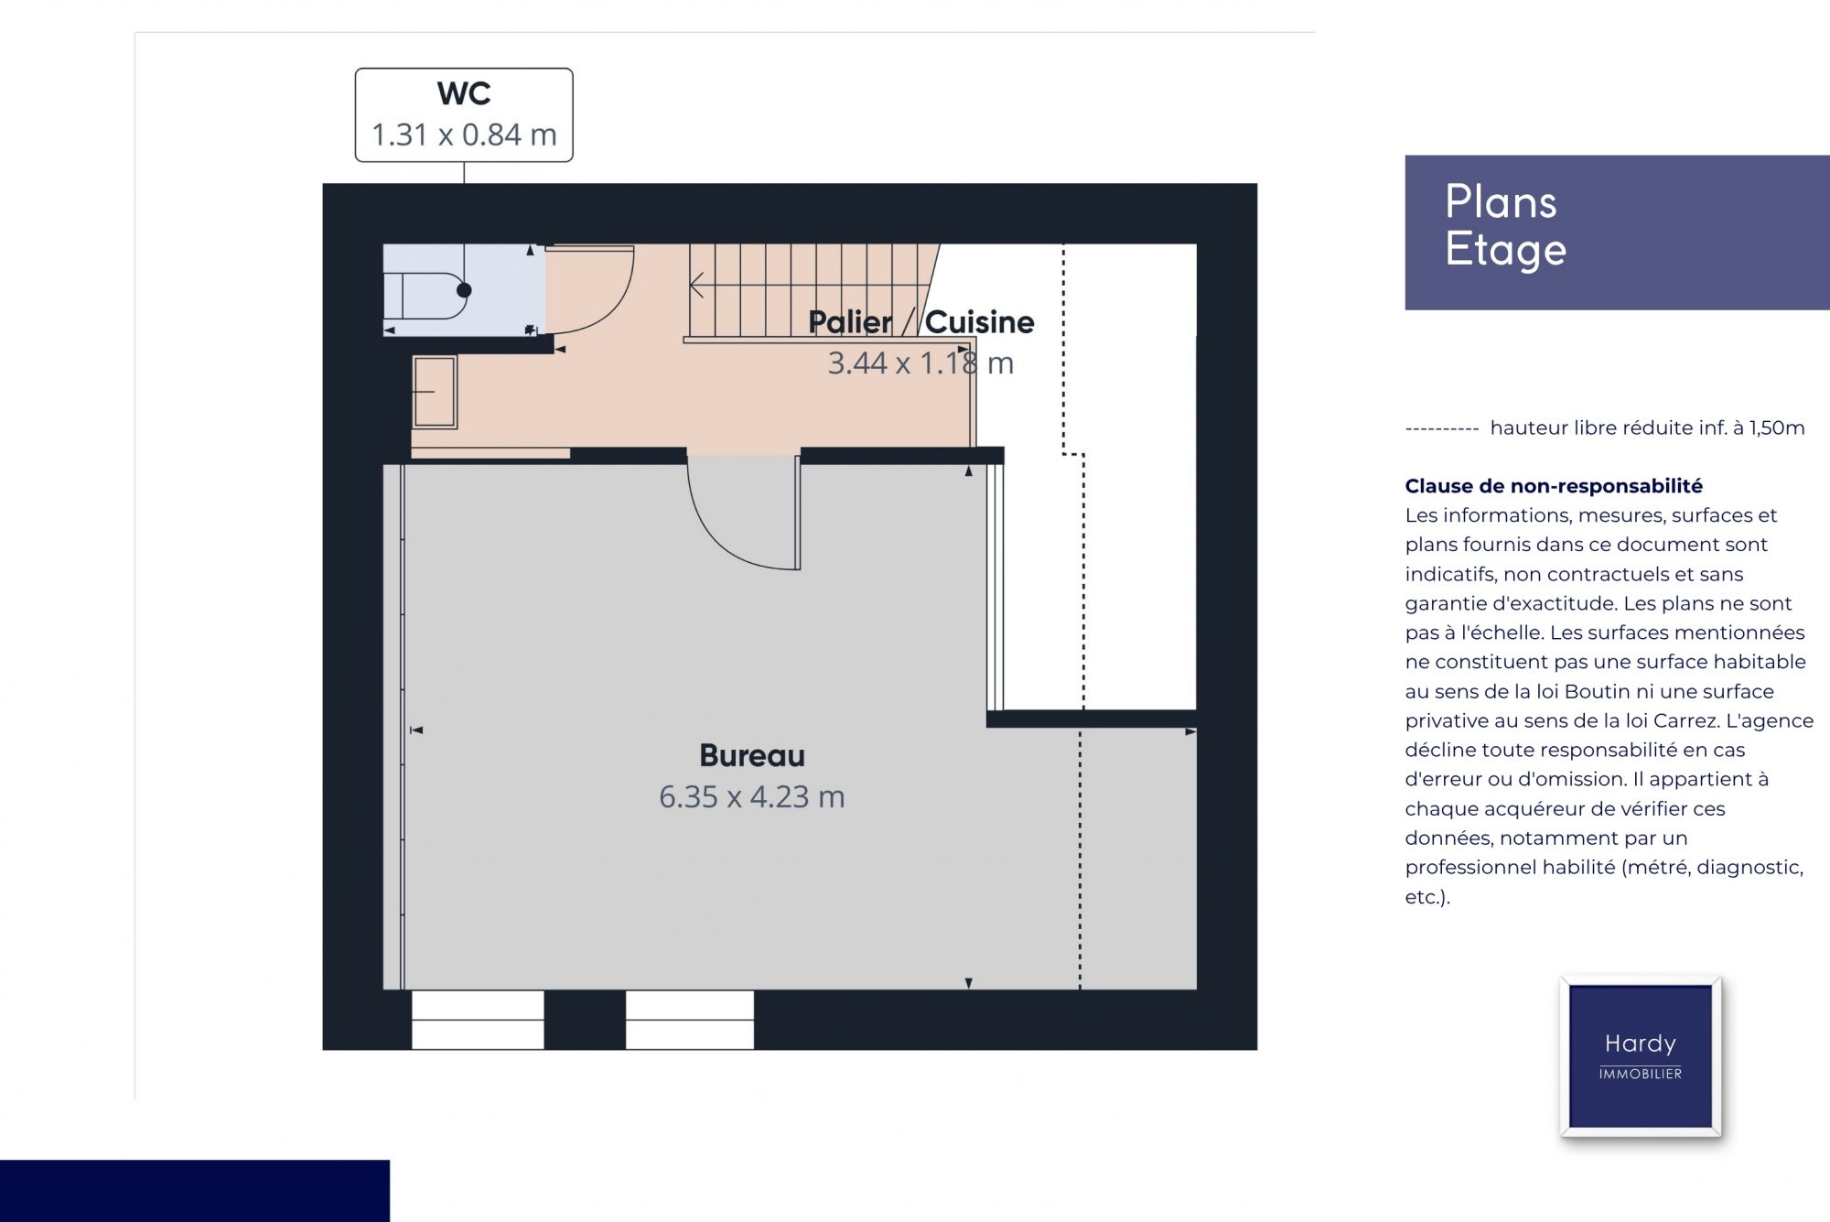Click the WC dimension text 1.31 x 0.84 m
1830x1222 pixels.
(x=464, y=135)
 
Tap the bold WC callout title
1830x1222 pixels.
(x=464, y=93)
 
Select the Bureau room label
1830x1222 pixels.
(x=752, y=755)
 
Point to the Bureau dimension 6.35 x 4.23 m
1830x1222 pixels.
(x=752, y=796)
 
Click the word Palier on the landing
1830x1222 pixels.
(x=850, y=322)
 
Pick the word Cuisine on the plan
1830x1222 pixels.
(x=980, y=322)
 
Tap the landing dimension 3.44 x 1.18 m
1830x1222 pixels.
(x=920, y=363)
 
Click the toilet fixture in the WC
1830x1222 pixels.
(x=426, y=295)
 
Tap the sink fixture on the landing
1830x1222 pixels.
(x=435, y=392)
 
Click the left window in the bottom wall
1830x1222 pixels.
(x=478, y=1020)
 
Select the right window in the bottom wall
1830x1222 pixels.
(x=690, y=1020)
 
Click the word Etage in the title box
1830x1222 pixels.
(x=1506, y=250)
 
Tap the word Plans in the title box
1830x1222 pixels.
(x=1501, y=201)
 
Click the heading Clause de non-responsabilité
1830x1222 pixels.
(x=1554, y=486)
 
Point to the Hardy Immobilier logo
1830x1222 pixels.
(x=1641, y=1056)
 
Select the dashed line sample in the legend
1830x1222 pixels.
(x=1442, y=428)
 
